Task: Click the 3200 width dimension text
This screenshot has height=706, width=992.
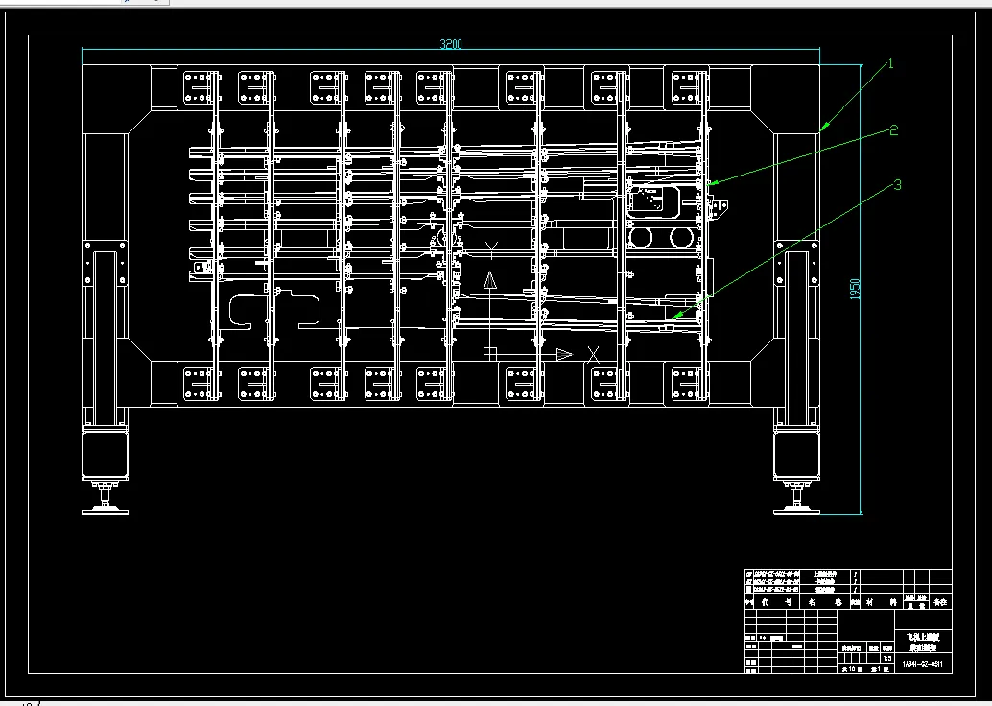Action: pyautogui.click(x=451, y=44)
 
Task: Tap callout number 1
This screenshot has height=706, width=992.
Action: pyautogui.click(x=890, y=64)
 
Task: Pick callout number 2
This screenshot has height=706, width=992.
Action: pyautogui.click(x=893, y=130)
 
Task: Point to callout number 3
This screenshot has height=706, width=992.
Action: pyautogui.click(x=897, y=185)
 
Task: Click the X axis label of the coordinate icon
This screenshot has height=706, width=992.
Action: pyautogui.click(x=593, y=354)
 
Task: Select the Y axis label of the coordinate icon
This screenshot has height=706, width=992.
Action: pyautogui.click(x=490, y=251)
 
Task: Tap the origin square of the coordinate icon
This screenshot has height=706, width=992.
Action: pyautogui.click(x=490, y=354)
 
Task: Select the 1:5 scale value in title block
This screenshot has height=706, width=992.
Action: pyautogui.click(x=887, y=659)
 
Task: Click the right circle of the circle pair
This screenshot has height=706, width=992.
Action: pyautogui.click(x=682, y=236)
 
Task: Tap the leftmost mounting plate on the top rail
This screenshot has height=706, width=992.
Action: pyautogui.click(x=198, y=85)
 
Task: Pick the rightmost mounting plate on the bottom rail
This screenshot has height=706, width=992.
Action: pyautogui.click(x=688, y=384)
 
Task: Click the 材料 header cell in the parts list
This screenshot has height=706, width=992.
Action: pyautogui.click(x=876, y=602)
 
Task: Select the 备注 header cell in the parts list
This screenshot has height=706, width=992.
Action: pyautogui.click(x=938, y=602)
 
